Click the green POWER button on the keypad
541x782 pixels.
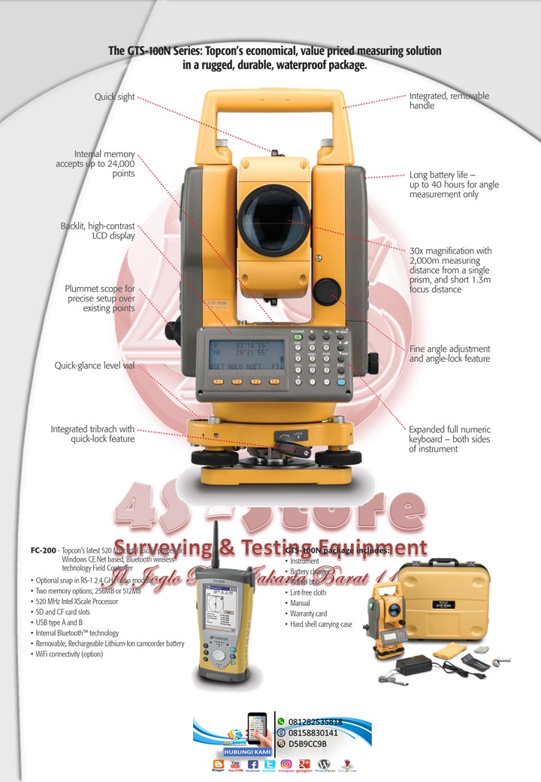[x=298, y=338]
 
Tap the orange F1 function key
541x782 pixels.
[x=218, y=381]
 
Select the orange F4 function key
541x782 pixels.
[x=275, y=381]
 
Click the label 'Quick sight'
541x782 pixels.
[x=114, y=96]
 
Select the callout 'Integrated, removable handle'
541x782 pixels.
[x=449, y=101]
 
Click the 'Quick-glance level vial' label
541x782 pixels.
[x=94, y=365]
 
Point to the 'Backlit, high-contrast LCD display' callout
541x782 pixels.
[x=98, y=230]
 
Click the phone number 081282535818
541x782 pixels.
[x=316, y=721]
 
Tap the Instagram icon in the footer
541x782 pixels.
[x=286, y=764]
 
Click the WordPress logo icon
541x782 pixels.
[x=325, y=764]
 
